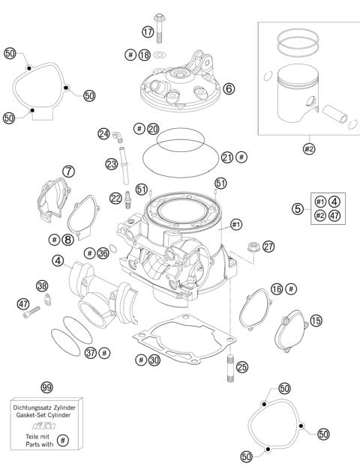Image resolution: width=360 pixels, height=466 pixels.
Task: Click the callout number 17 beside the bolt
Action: (x=148, y=31)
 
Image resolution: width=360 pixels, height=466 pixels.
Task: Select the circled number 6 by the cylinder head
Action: (x=229, y=88)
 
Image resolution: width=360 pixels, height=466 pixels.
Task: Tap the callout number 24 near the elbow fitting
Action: (x=103, y=133)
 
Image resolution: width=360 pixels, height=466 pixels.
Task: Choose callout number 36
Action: (x=102, y=254)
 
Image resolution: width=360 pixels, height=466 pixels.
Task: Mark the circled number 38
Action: (x=42, y=285)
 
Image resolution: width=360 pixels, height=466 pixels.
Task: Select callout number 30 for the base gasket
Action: (x=154, y=360)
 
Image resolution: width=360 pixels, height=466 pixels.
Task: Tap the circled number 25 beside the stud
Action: (x=241, y=367)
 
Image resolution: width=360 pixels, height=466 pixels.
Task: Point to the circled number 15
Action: (x=316, y=320)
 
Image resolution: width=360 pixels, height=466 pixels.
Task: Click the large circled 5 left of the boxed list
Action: (x=298, y=209)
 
